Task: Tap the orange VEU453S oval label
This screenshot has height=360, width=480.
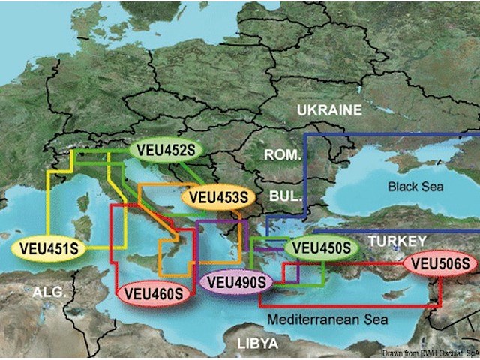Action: (217, 198)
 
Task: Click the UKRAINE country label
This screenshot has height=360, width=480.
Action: (329, 110)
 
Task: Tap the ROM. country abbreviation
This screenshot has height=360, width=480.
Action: (282, 155)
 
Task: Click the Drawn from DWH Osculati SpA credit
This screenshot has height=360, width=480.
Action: (429, 353)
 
